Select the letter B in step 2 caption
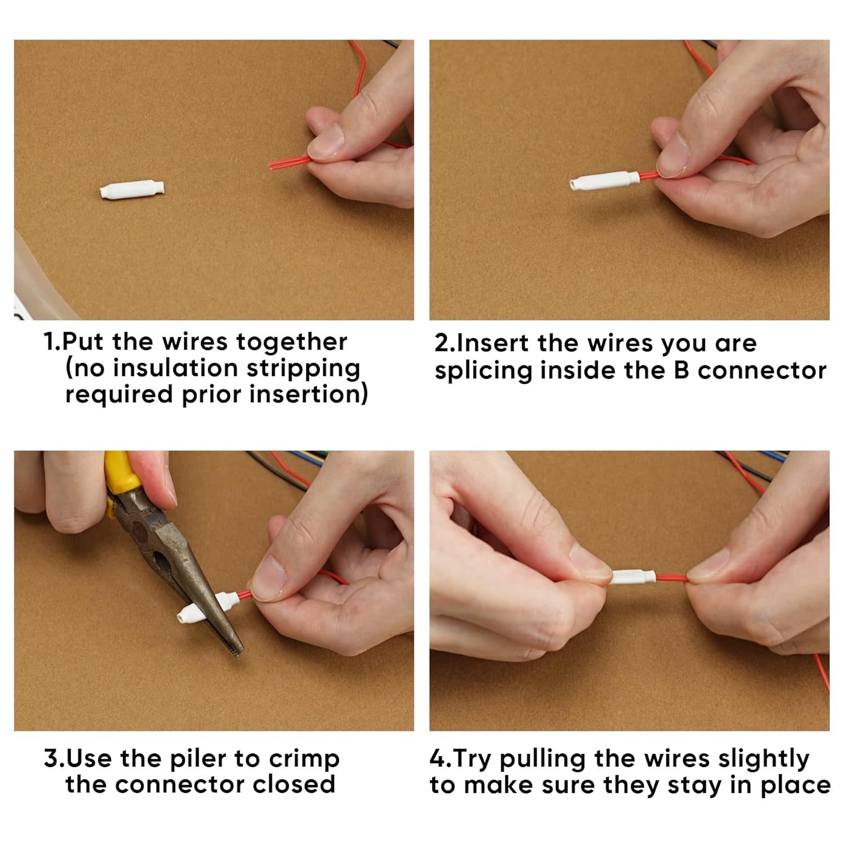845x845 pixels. click(x=682, y=370)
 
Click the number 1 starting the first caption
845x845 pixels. click(x=50, y=343)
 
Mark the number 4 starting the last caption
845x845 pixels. click(x=437, y=759)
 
